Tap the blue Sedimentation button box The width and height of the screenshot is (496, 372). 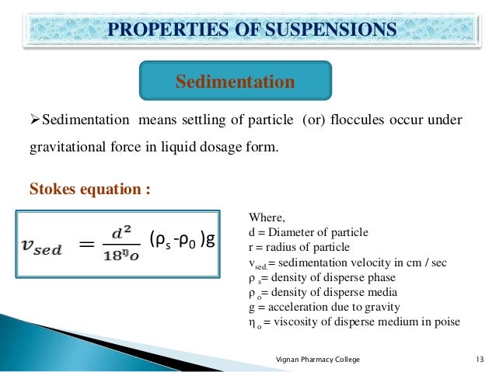click(235, 82)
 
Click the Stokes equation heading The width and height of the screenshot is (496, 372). click(89, 189)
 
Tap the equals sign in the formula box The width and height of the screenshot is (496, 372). click(87, 245)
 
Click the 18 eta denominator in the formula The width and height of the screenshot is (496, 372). click(123, 257)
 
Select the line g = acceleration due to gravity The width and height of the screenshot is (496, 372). click(323, 307)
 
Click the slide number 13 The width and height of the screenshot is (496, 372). click(479, 360)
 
